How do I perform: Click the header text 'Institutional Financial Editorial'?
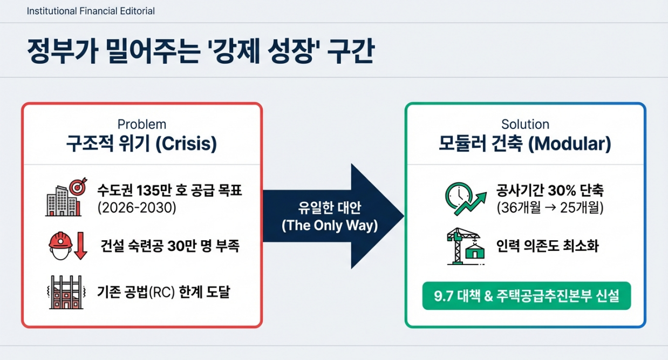pyautogui.click(x=91, y=11)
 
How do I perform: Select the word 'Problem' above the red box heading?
pyautogui.click(x=142, y=124)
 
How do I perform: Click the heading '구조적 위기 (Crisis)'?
pyautogui.click(x=141, y=144)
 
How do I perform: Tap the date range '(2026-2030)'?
pyautogui.click(x=137, y=208)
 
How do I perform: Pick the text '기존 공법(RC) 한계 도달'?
pyautogui.click(x=163, y=293)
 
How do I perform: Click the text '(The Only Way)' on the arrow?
pyautogui.click(x=329, y=225)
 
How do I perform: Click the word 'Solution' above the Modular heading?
pyautogui.click(x=525, y=124)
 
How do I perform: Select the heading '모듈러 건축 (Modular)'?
pyautogui.click(x=524, y=144)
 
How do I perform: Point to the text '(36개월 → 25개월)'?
pyautogui.click(x=550, y=208)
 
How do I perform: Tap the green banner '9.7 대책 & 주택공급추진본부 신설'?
pyautogui.click(x=526, y=296)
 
